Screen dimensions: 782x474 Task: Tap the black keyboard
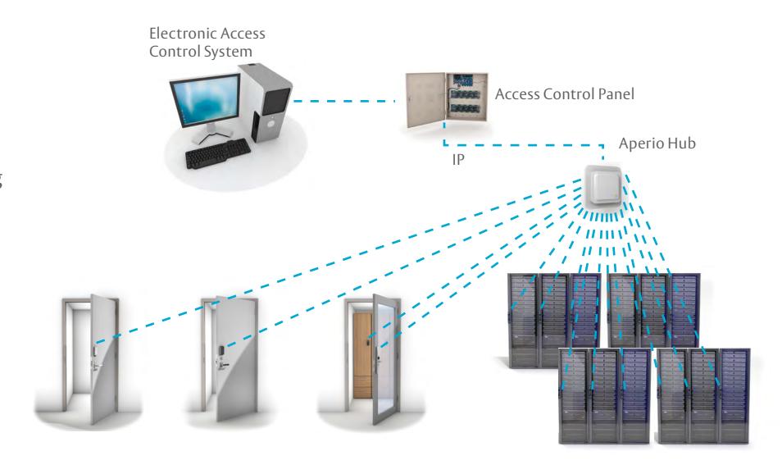[218, 153]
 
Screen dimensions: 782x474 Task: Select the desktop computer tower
[266, 103]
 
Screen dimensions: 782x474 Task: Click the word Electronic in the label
[183, 34]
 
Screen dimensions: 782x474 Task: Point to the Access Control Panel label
[564, 93]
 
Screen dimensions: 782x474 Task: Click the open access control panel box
[447, 100]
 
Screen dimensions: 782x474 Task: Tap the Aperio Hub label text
[657, 144]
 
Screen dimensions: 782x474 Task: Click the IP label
[458, 160]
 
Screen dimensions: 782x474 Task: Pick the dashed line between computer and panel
[344, 102]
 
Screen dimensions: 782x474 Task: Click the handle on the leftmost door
[97, 365]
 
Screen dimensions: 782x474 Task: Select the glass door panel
[385, 358]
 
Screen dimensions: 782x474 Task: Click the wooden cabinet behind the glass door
[361, 355]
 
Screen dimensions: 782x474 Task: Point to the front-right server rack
[703, 395]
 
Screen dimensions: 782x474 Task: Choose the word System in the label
[230, 52]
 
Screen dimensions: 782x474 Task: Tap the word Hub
[681, 144]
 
